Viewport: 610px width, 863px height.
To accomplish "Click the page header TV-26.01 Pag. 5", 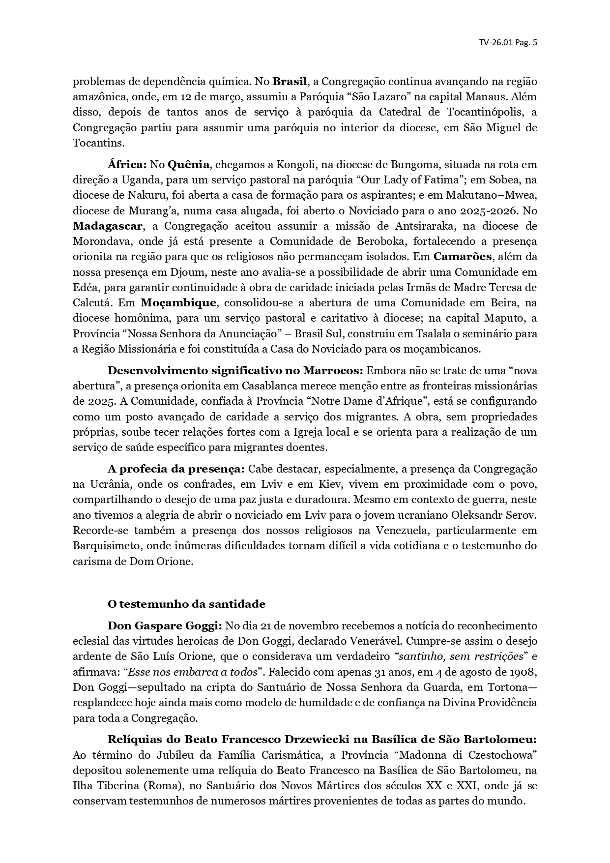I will pyautogui.click(x=508, y=42).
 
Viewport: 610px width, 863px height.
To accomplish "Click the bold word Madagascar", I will pyautogui.click(x=108, y=226).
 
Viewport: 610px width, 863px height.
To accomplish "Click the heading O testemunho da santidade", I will pyautogui.click(x=186, y=604).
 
